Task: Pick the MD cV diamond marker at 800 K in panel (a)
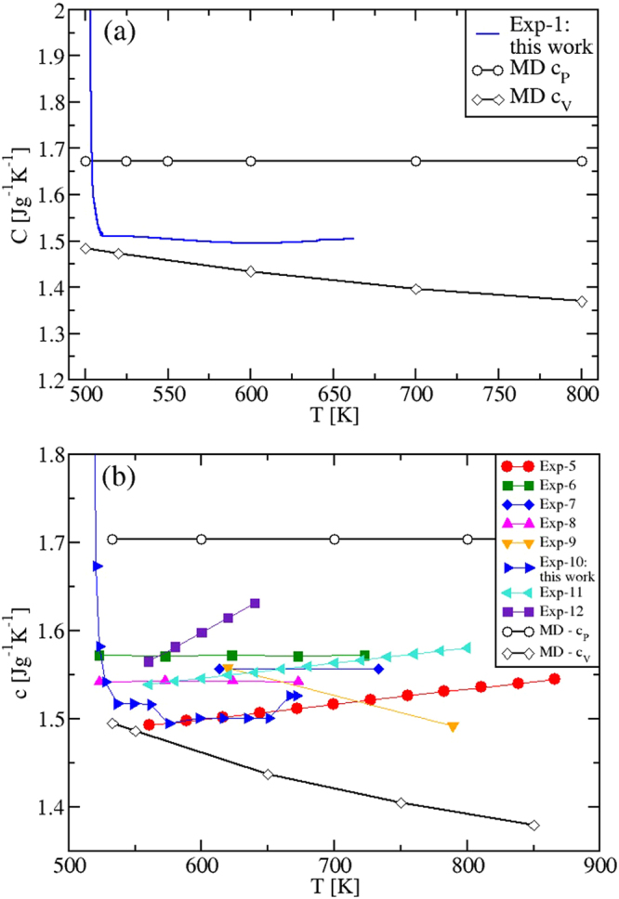coord(582,301)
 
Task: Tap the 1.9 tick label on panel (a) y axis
coord(49,57)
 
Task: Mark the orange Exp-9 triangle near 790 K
coord(453,727)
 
